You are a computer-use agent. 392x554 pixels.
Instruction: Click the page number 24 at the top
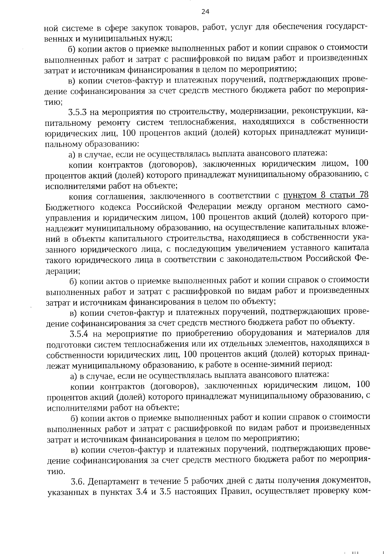point(205,12)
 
